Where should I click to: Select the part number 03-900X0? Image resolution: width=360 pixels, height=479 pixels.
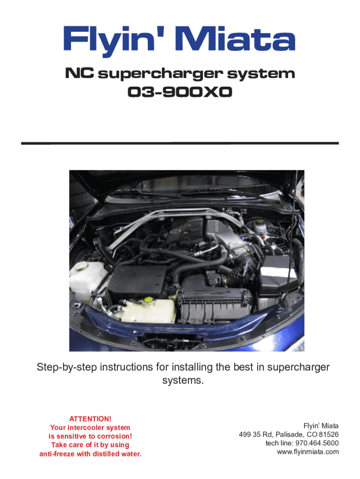click(x=180, y=92)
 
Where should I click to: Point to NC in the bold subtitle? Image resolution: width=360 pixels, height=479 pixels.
click(x=79, y=73)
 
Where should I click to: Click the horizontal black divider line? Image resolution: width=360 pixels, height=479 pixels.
click(x=180, y=143)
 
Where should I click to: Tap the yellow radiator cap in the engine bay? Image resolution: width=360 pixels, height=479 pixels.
click(x=148, y=300)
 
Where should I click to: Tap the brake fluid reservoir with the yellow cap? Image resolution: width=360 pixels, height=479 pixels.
click(x=260, y=225)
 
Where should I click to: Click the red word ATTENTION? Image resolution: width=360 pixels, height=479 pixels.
click(x=90, y=419)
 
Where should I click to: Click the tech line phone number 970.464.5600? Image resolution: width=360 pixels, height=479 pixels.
click(x=317, y=443)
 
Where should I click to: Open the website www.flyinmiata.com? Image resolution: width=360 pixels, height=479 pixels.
click(x=308, y=452)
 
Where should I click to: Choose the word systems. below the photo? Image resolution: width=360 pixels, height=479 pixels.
click(x=183, y=381)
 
